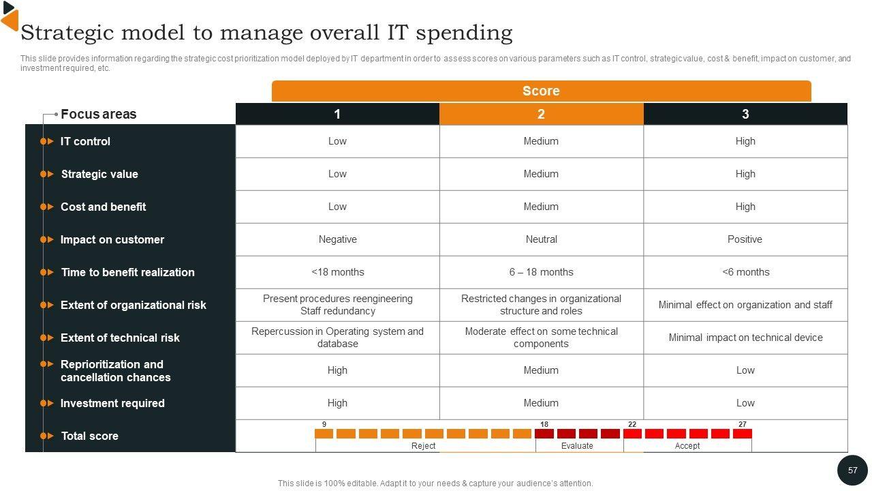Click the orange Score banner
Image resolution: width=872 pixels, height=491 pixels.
click(541, 91)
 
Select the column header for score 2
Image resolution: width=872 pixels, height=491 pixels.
click(541, 114)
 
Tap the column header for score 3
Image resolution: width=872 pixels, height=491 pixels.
click(745, 114)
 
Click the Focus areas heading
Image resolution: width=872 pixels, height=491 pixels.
click(98, 114)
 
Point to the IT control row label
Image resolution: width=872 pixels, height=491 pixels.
click(85, 141)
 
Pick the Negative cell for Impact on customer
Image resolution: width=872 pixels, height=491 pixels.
click(337, 239)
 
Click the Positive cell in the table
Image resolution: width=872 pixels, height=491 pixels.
click(745, 239)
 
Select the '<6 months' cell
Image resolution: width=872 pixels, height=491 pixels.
click(745, 272)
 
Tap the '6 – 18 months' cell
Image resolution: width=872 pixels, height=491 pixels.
click(541, 272)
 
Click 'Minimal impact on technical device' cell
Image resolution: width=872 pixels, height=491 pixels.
click(745, 338)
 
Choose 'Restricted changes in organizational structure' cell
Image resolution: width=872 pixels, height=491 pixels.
click(541, 305)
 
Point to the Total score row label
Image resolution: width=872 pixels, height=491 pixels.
click(89, 436)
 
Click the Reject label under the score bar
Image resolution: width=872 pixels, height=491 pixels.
click(423, 446)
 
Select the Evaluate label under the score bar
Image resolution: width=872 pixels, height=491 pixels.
click(577, 446)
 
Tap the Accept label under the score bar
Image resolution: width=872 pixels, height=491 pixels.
click(687, 446)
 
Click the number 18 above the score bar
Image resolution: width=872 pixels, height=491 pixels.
click(544, 424)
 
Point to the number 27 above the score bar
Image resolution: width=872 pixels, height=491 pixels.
click(742, 424)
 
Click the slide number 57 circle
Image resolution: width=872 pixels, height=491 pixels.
click(852, 471)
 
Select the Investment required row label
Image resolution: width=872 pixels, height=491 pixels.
click(112, 403)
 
